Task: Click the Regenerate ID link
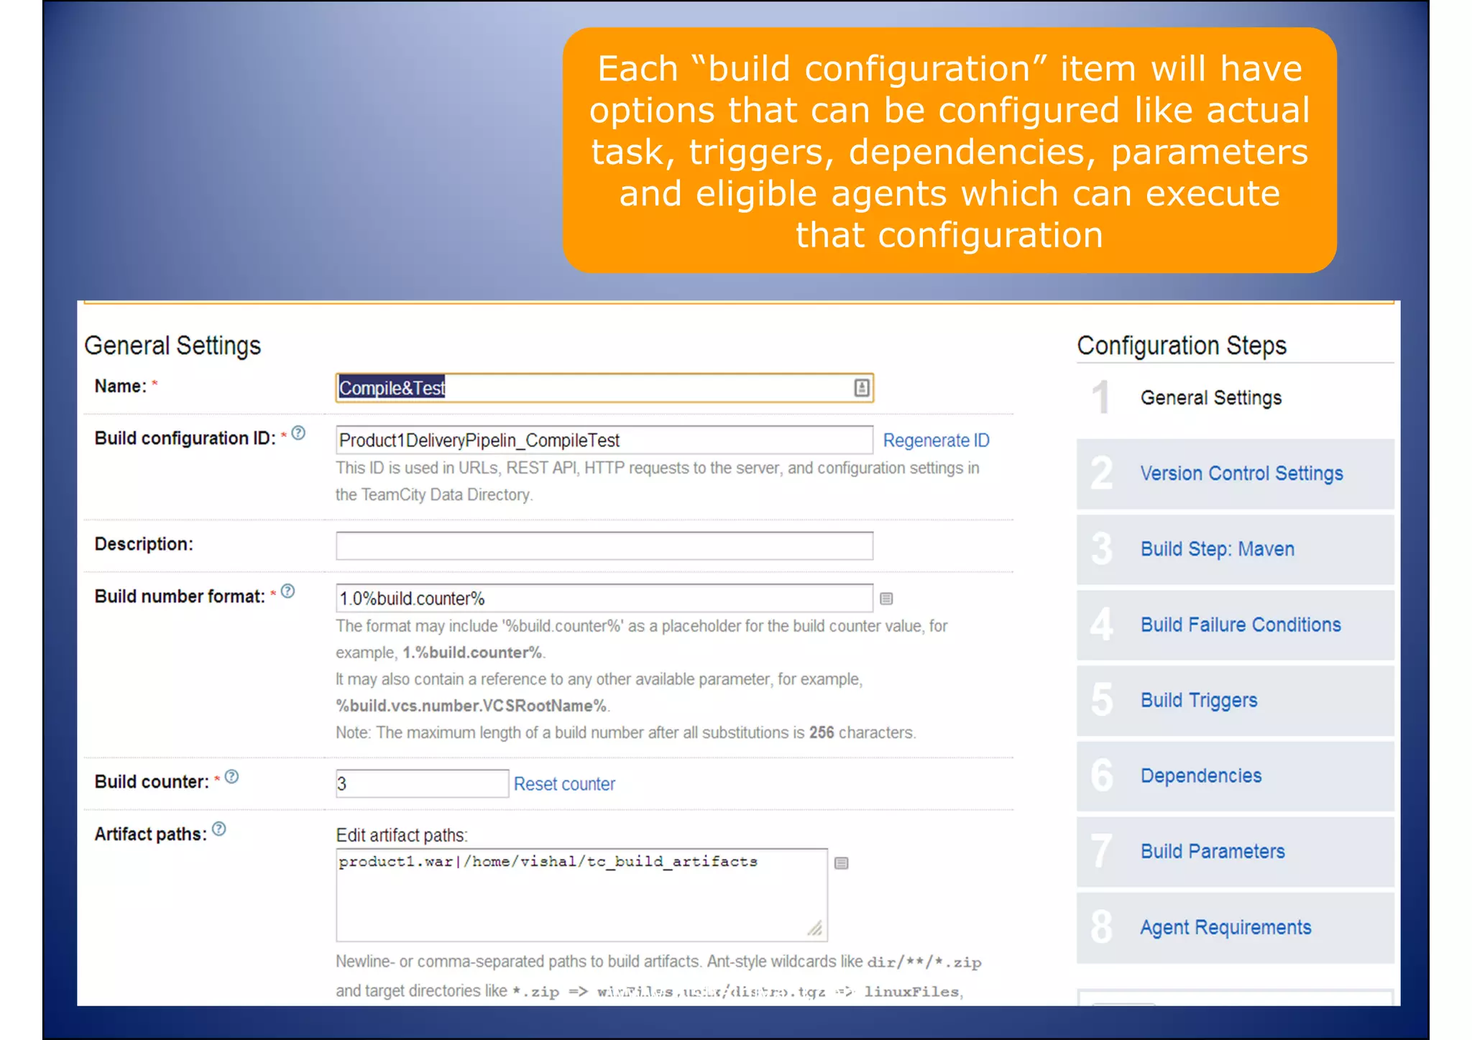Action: tap(936, 441)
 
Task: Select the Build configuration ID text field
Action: tap(604, 440)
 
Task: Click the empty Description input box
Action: tap(604, 546)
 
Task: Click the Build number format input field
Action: tap(604, 598)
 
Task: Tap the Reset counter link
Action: tap(564, 784)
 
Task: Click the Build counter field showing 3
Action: tap(421, 783)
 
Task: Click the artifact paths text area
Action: tap(581, 895)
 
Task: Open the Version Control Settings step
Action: tap(1241, 474)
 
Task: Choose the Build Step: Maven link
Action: tap(1217, 549)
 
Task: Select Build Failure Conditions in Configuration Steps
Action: tap(1241, 625)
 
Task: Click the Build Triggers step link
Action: tap(1199, 700)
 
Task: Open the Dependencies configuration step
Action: tap(1201, 776)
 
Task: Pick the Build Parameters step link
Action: tap(1213, 852)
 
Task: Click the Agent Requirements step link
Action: tap(1225, 927)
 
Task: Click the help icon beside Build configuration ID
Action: tap(298, 433)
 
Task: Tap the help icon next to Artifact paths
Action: tap(219, 829)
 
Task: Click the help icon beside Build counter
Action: tap(231, 777)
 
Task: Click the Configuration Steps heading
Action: tap(1181, 346)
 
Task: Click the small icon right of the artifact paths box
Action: tap(842, 863)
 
